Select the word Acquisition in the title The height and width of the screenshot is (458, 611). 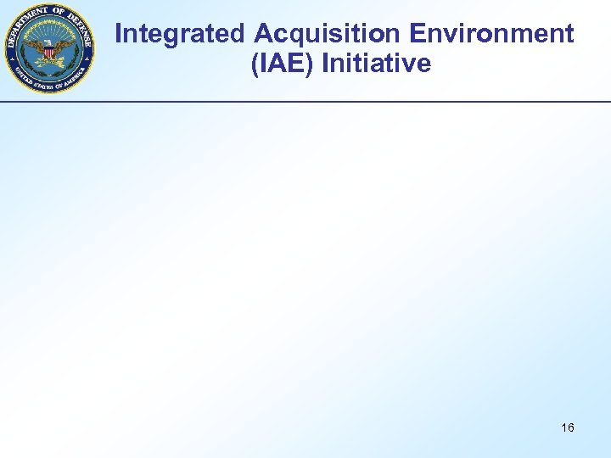pos(328,34)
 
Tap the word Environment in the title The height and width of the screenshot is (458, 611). pos(491,34)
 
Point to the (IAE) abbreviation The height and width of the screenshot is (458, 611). pos(282,64)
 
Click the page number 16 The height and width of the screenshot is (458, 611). pos(568,427)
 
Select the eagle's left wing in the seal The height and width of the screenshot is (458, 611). pos(64,46)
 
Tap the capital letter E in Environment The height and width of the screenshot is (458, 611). pos(417,34)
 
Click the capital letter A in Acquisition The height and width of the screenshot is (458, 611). pos(264,34)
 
